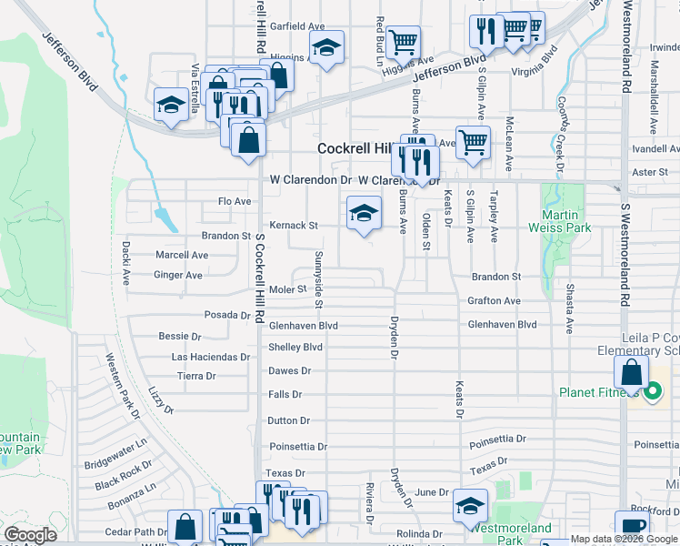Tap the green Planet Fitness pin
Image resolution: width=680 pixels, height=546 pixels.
[x=652, y=393]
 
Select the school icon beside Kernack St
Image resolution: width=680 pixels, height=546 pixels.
[x=364, y=215]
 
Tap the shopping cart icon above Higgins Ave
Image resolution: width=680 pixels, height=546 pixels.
[x=403, y=41]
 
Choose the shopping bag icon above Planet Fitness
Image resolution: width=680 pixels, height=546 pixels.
[x=631, y=371]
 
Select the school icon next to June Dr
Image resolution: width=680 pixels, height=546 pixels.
[x=470, y=506]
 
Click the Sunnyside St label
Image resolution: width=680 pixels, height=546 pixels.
[x=319, y=268]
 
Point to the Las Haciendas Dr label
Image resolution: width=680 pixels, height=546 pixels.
[x=211, y=358]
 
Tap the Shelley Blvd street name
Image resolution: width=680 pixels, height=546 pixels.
[x=295, y=348]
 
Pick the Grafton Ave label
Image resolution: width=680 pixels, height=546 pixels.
[x=494, y=300]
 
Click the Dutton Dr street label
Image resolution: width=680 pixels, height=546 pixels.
[x=288, y=421]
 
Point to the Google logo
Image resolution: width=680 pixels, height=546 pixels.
[x=31, y=535]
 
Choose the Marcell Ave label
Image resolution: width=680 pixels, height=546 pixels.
[x=182, y=256]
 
